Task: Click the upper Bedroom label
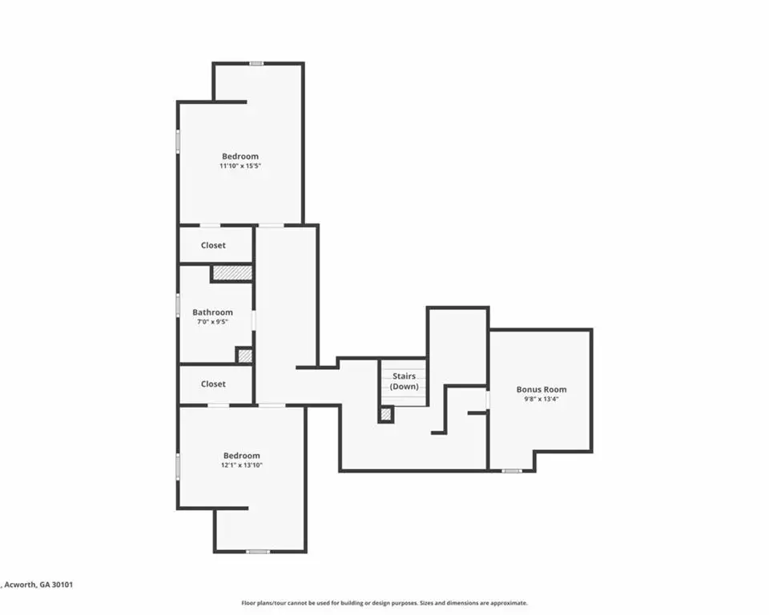click(240, 156)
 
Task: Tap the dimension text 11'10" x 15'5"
click(240, 166)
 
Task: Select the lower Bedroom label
click(242, 456)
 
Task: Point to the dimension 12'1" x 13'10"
click(242, 465)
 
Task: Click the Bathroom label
click(212, 312)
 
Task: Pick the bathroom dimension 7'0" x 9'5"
click(212, 322)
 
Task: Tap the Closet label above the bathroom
click(213, 245)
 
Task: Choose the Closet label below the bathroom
click(213, 384)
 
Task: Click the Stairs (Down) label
click(404, 381)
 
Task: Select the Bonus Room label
click(542, 389)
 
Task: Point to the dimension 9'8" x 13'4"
click(542, 399)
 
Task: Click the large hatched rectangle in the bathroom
click(232, 273)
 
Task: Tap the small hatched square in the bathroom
click(245, 355)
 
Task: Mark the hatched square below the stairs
click(386, 415)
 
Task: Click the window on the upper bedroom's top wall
click(256, 63)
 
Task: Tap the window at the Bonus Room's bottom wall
click(512, 471)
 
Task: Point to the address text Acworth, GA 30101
click(38, 585)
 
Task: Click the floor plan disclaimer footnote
click(384, 603)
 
